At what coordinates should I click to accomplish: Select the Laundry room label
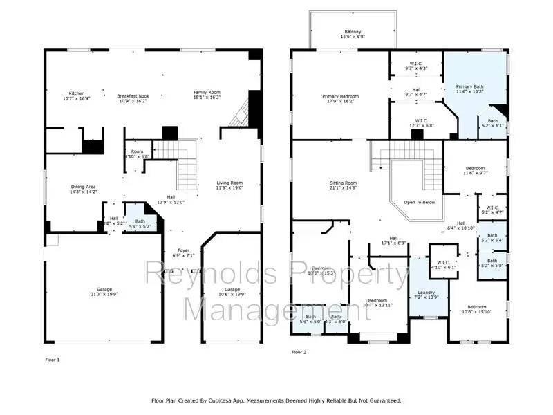click(427, 294)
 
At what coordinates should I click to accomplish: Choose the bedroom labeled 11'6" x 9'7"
click(475, 170)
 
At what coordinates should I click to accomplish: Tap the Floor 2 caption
click(299, 352)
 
